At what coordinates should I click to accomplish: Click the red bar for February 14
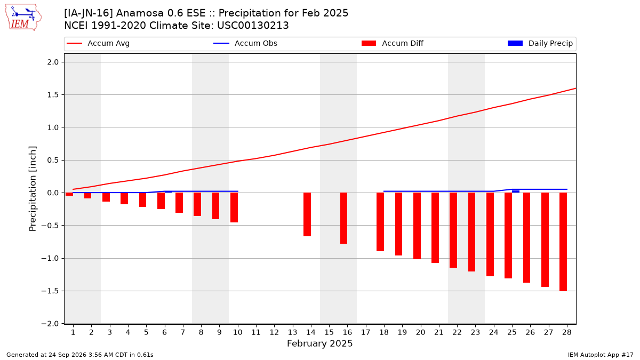click(x=307, y=214)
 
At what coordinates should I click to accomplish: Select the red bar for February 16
click(x=343, y=218)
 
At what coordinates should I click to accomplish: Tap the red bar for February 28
click(x=563, y=242)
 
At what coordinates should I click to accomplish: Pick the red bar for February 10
click(x=234, y=207)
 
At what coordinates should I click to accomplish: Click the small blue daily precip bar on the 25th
click(x=516, y=191)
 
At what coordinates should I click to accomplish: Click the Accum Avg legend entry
click(x=98, y=43)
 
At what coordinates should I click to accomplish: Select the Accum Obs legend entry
click(x=245, y=43)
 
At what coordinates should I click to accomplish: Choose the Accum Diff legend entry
click(x=393, y=43)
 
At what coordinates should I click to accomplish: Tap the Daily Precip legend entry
click(x=540, y=43)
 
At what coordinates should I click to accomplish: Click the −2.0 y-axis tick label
click(x=50, y=324)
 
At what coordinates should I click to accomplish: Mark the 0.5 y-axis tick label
click(x=53, y=161)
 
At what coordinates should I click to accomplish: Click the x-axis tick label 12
click(x=274, y=332)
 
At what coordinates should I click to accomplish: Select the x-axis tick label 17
click(x=366, y=332)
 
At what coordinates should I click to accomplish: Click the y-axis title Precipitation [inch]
click(x=33, y=189)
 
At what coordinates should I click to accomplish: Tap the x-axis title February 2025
click(x=319, y=343)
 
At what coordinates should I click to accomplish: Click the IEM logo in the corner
click(x=23, y=18)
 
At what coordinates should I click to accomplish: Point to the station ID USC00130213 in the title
click(x=253, y=26)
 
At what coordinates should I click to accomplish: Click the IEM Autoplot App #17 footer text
click(x=601, y=355)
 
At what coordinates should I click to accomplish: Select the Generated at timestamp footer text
click(x=79, y=355)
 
